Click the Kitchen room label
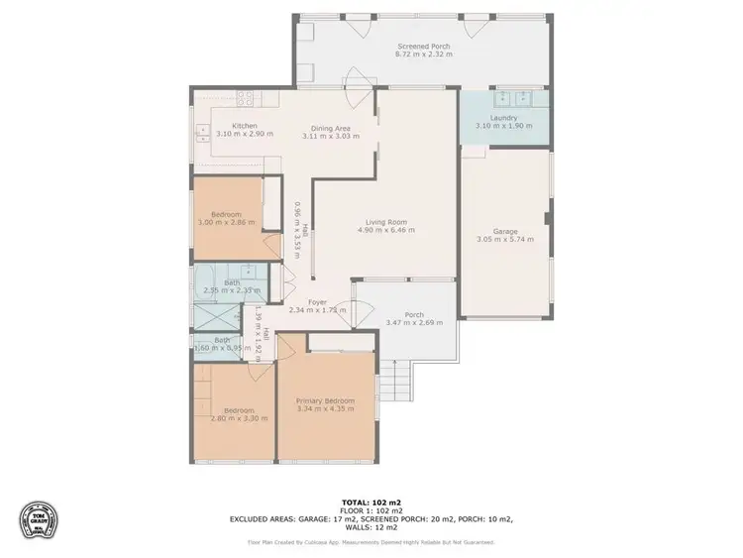point(245,126)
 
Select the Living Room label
point(386,222)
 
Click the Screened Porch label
point(423,47)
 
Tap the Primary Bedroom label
point(326,401)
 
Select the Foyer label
point(317,302)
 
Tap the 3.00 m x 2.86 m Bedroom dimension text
point(228,223)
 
